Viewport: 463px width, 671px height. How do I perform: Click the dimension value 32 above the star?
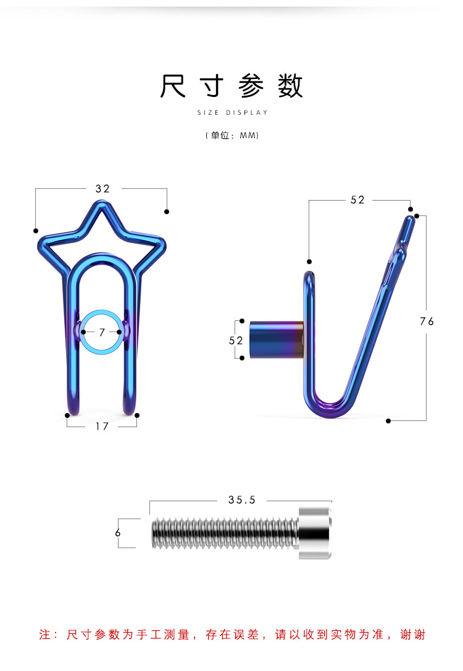click(102, 189)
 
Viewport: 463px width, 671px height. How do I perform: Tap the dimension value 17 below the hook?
click(102, 426)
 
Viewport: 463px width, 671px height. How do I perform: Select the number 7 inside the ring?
click(102, 332)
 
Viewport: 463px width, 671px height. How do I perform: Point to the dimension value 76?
click(427, 322)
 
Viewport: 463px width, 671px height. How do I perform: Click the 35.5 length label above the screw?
click(242, 500)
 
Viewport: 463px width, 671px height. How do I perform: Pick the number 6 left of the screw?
click(118, 532)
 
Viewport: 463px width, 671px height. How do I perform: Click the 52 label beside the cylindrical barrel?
click(236, 340)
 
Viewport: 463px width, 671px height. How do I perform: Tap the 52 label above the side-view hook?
click(357, 200)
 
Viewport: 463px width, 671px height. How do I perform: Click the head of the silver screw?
click(315, 533)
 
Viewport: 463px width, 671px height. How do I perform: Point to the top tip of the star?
click(101, 202)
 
